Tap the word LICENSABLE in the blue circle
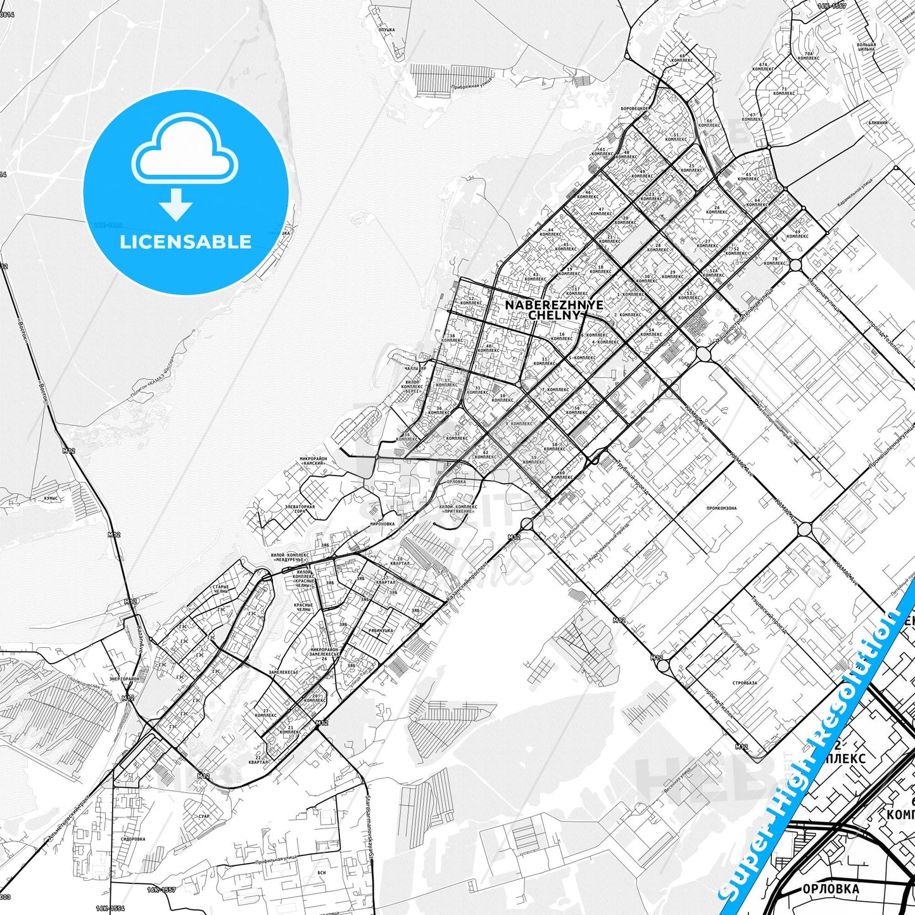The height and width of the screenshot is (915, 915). click(x=186, y=242)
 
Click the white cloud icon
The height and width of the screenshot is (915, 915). click(x=185, y=152)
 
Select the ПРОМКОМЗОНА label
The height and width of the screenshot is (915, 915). click(x=721, y=508)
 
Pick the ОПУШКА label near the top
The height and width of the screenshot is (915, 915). click(x=386, y=30)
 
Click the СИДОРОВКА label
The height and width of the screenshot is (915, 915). click(x=132, y=839)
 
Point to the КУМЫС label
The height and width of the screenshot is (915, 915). click(x=51, y=498)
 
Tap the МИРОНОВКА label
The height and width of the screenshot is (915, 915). click(x=382, y=524)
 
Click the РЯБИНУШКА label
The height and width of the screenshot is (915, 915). click(x=381, y=631)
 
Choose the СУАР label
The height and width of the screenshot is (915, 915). click(x=203, y=816)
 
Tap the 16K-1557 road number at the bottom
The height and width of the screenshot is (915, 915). click(x=161, y=890)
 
